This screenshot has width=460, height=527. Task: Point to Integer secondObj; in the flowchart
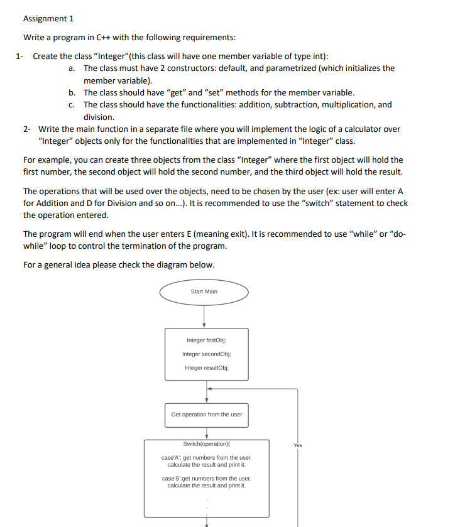(x=205, y=354)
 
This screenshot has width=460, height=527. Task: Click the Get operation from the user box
(x=206, y=415)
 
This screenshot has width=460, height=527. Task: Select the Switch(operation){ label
(x=205, y=443)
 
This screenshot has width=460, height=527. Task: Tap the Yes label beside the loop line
(x=297, y=445)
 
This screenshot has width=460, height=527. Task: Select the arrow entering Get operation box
(x=206, y=396)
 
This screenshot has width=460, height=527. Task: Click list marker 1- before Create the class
(x=21, y=56)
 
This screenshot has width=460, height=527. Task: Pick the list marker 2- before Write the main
(x=27, y=129)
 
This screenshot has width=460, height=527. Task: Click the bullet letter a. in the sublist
(x=73, y=68)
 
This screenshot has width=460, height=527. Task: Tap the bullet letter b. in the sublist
(x=73, y=92)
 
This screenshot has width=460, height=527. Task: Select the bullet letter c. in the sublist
(x=73, y=104)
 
